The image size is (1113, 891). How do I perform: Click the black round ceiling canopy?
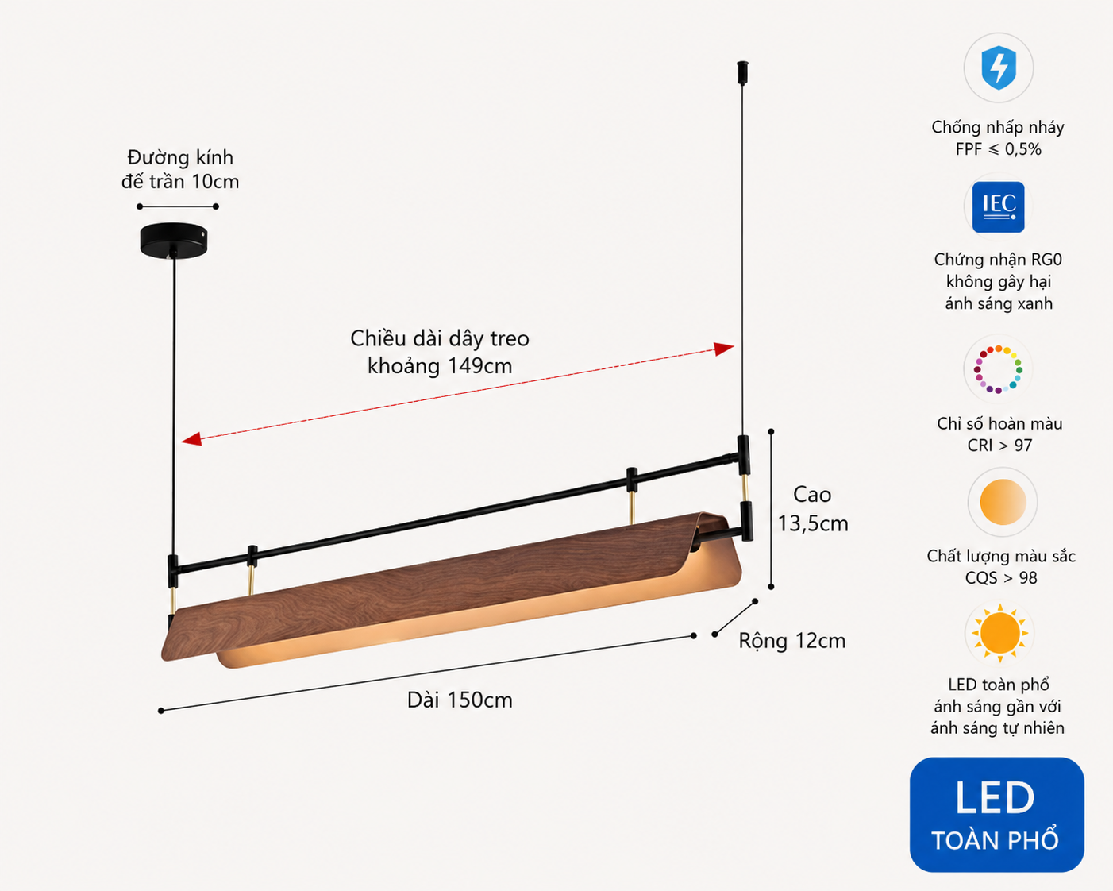[x=174, y=240]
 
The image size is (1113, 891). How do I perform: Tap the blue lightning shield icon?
[x=999, y=67]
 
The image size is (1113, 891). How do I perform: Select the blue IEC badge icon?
[x=998, y=207]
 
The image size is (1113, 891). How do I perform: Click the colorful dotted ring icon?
[x=998, y=369]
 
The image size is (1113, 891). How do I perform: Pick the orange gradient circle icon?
[x=1003, y=502]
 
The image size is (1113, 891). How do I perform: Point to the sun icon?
[x=999, y=634]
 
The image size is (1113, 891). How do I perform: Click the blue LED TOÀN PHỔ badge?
[x=996, y=815]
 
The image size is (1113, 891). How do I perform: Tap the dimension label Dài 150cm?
[x=460, y=700]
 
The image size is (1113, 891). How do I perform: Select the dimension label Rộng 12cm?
[x=791, y=641]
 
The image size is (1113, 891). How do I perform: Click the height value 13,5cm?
[x=813, y=523]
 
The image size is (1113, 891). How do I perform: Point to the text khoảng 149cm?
[x=440, y=366]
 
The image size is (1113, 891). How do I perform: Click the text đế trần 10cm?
[x=180, y=182]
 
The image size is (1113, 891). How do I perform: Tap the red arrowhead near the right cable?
[x=724, y=349]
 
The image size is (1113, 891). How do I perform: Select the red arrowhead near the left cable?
[x=191, y=439]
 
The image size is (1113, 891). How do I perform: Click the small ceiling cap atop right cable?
[x=743, y=73]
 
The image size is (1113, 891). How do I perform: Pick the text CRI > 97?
[x=999, y=445]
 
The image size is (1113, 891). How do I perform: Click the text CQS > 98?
[x=1001, y=577]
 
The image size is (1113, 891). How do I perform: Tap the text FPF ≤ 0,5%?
[x=998, y=149]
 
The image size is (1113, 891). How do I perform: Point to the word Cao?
[x=812, y=496]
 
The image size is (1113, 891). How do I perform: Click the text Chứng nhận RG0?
[x=998, y=259]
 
